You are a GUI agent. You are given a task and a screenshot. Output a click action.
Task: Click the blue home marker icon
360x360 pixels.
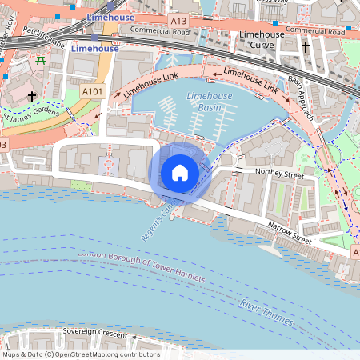coord(180,172)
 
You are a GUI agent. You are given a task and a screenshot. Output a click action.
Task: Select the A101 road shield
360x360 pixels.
coord(92,92)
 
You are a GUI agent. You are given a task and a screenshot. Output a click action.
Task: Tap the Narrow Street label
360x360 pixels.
coord(289,232)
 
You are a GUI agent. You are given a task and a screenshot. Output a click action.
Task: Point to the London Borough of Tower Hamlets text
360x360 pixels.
coord(141,266)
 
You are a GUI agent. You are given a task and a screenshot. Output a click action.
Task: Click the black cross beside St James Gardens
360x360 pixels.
coord(32,96)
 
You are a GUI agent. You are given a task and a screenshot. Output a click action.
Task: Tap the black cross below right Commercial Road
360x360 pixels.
coord(305,48)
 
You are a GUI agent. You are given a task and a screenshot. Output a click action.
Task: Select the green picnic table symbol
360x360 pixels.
coord(39,60)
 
